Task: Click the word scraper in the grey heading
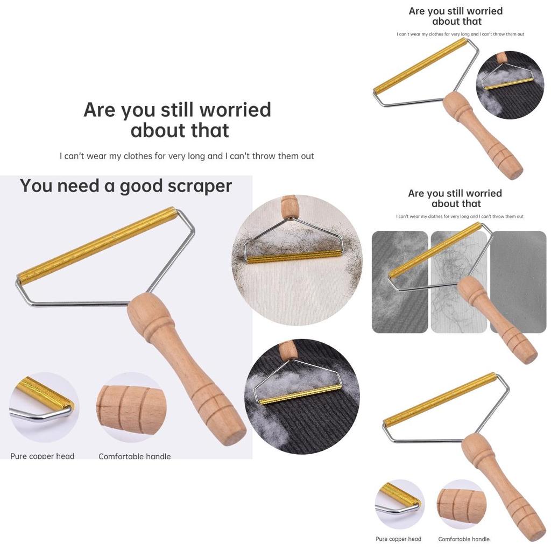[198, 186]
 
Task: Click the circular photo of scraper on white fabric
[297, 260]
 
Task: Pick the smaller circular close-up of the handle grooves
[461, 505]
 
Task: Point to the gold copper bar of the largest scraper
[97, 245]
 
